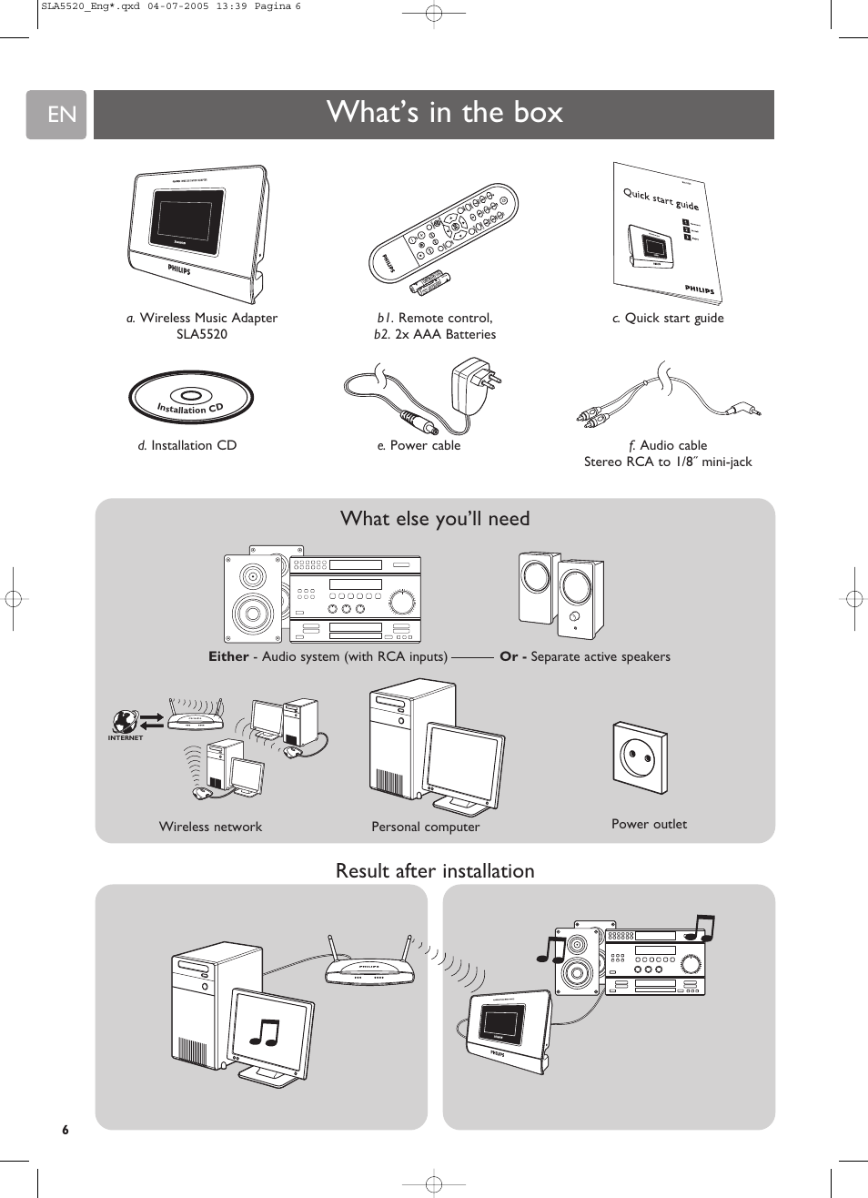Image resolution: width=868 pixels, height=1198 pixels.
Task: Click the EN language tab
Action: (56, 115)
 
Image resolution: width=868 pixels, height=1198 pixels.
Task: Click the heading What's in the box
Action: (444, 112)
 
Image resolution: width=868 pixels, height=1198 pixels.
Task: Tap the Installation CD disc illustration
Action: (191, 398)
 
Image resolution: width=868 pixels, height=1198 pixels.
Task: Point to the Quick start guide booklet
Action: (667, 233)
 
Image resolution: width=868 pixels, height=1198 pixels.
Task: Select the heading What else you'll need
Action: (435, 519)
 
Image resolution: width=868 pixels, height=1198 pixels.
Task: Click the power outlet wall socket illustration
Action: (640, 757)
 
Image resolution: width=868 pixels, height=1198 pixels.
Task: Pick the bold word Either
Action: (228, 656)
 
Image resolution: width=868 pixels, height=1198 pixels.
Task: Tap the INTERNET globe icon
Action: (125, 722)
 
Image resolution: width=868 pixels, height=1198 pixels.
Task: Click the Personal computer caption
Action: (425, 827)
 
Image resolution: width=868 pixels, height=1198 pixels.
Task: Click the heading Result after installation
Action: (435, 871)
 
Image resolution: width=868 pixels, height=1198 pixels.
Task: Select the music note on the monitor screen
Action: (265, 1031)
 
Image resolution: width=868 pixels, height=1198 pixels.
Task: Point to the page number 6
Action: (65, 1130)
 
